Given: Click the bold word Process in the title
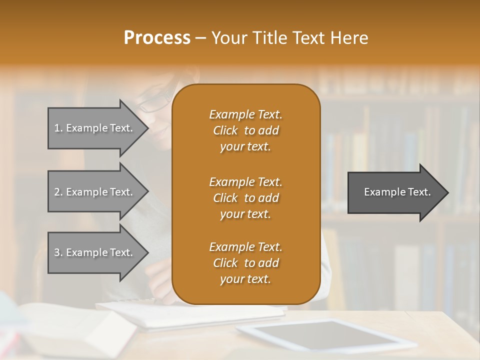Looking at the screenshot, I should tap(157, 38).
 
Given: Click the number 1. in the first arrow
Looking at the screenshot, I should tap(58, 128).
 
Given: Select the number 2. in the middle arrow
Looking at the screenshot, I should tap(58, 192).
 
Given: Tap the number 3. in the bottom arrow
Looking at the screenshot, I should tap(58, 252).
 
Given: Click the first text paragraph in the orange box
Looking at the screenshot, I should tap(245, 130).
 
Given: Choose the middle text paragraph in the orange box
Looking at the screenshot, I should tap(245, 198).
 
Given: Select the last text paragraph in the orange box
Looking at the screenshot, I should tap(245, 263).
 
